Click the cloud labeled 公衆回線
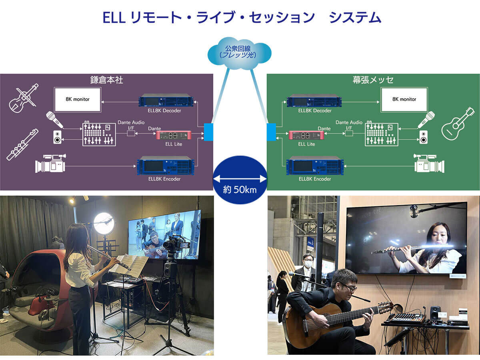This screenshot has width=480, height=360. (x=239, y=54)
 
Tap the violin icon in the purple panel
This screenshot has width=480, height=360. (x=23, y=98)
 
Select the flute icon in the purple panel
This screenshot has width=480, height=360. (x=22, y=145)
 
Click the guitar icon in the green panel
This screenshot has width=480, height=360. (x=458, y=124)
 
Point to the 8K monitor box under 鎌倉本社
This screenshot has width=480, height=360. (x=78, y=100)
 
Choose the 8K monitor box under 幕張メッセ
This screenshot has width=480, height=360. (x=404, y=100)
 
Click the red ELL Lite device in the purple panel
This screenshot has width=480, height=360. (x=174, y=135)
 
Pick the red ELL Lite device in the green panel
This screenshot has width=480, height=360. (x=306, y=135)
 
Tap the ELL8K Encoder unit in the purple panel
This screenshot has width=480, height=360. (x=166, y=166)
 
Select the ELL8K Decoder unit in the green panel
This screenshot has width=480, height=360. (x=314, y=100)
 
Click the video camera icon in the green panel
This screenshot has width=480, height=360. (x=429, y=163)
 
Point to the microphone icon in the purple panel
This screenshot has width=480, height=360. (x=54, y=120)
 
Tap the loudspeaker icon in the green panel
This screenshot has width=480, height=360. (x=423, y=137)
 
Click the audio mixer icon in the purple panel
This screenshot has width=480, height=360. (x=99, y=134)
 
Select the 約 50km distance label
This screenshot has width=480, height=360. (x=240, y=190)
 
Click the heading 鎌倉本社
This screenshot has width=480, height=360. (x=106, y=80)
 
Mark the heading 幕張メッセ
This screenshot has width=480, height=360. (x=373, y=80)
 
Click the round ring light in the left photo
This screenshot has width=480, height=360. (x=104, y=223)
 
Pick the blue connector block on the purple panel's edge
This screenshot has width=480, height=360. (x=208, y=132)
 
